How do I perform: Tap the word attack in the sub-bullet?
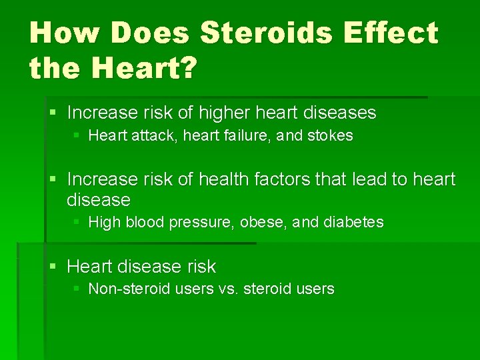pyautogui.click(x=139, y=136)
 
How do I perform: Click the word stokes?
pyautogui.click(x=330, y=136)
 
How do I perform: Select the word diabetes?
pyautogui.click(x=353, y=223)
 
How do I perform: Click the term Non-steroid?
pyautogui.click(x=126, y=289)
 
